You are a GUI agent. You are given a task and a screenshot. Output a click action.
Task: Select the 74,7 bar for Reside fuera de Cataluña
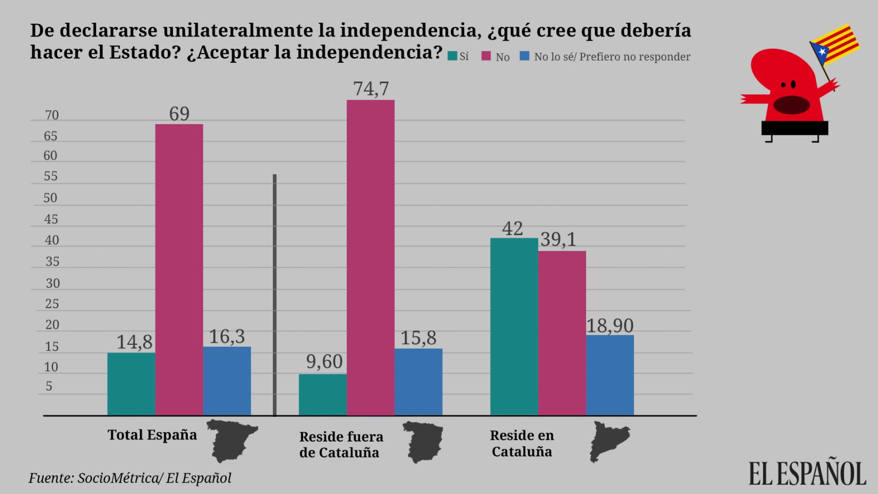tap(371, 257)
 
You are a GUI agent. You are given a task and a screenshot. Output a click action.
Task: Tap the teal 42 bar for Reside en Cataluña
tap(514, 326)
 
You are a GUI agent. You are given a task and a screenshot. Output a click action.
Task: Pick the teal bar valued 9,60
tap(323, 394)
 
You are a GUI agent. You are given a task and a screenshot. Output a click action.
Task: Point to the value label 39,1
tap(558, 240)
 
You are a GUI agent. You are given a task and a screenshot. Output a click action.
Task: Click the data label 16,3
tap(227, 337)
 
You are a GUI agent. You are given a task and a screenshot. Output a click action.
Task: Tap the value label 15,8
tap(418, 338)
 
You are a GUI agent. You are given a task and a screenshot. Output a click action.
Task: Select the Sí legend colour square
tap(452, 56)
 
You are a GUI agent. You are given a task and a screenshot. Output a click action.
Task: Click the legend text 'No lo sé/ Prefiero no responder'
tap(612, 57)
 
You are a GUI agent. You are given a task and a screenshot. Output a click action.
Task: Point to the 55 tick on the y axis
tap(50, 177)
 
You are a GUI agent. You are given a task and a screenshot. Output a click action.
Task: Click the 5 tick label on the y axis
tap(49, 386)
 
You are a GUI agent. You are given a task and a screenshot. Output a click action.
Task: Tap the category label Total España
tap(152, 435)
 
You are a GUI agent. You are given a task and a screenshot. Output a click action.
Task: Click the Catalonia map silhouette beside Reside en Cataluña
tap(609, 441)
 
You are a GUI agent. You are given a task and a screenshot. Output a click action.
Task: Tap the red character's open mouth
tap(791, 105)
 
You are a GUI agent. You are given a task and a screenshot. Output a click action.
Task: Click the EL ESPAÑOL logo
tap(807, 473)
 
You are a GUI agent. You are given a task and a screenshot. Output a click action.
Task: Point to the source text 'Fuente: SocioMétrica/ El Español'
tap(130, 478)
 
